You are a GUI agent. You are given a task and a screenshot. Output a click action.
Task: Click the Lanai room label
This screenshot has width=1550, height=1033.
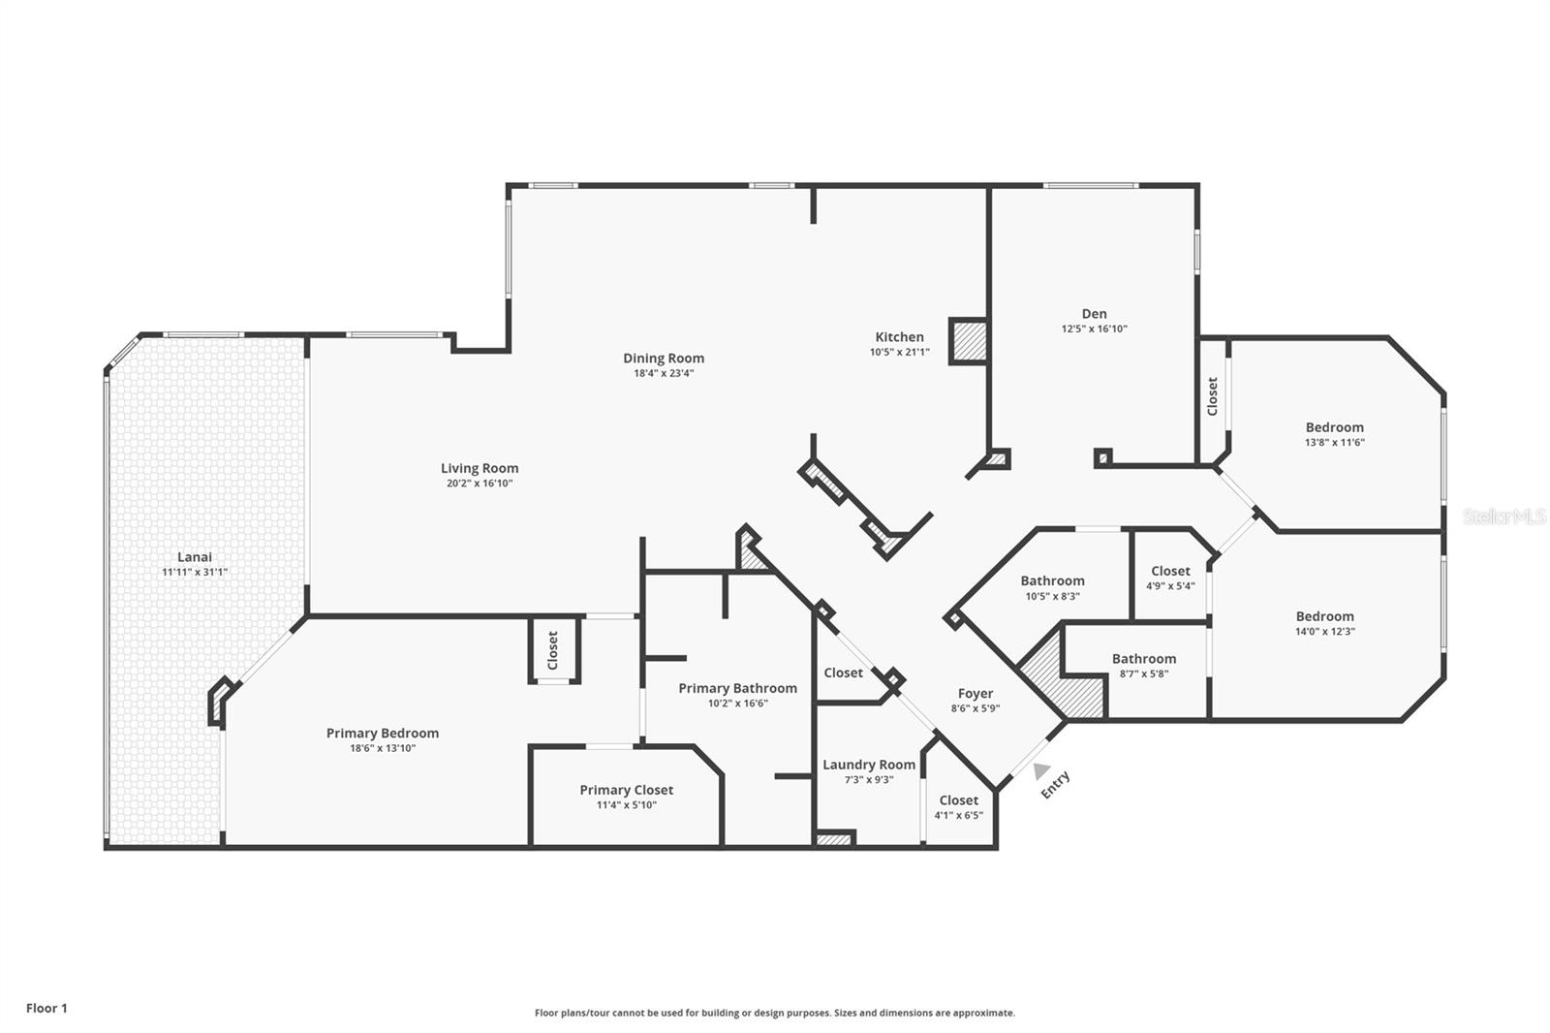(194, 557)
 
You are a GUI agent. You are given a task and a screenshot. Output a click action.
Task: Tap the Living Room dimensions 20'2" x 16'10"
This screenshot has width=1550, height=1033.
(480, 484)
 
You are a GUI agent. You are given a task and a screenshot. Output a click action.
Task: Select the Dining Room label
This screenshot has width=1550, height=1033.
(664, 359)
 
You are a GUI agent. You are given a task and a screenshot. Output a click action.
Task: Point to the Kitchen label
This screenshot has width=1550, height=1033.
(899, 337)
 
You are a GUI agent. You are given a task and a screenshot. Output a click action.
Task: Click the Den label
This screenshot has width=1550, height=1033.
(1094, 314)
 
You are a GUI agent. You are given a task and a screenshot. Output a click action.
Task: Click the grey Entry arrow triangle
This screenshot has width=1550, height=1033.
(1040, 770)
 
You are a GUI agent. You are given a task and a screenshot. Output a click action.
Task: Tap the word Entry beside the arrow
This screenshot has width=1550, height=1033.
(1056, 784)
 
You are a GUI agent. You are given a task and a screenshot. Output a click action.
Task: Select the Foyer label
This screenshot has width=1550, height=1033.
(975, 694)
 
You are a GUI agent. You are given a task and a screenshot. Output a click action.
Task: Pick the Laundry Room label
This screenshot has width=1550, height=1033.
(868, 765)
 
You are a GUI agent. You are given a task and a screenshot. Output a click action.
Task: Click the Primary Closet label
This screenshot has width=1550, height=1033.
(626, 790)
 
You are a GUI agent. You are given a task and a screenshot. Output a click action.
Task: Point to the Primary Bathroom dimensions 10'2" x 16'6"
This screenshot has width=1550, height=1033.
(737, 704)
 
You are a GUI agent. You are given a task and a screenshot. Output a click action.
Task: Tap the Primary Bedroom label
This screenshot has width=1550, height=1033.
(382, 734)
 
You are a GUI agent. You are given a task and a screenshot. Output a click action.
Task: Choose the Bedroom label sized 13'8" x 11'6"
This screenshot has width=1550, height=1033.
(1334, 427)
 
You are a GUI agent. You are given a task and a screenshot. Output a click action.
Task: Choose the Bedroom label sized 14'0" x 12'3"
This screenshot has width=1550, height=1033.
(1324, 616)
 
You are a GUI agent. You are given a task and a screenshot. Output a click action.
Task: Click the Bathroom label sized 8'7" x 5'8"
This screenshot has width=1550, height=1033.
(1143, 659)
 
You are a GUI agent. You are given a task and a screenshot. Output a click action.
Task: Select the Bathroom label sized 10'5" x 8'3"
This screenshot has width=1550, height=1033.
(1052, 581)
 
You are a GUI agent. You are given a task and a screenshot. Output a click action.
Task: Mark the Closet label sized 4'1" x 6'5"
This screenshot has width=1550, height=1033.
(958, 800)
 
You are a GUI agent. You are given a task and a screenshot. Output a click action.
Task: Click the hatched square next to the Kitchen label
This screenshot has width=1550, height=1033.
(967, 341)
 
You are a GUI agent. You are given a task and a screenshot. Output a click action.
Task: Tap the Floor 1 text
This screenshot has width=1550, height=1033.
(46, 1009)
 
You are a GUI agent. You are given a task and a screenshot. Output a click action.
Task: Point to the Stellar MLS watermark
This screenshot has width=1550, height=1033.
(1504, 516)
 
